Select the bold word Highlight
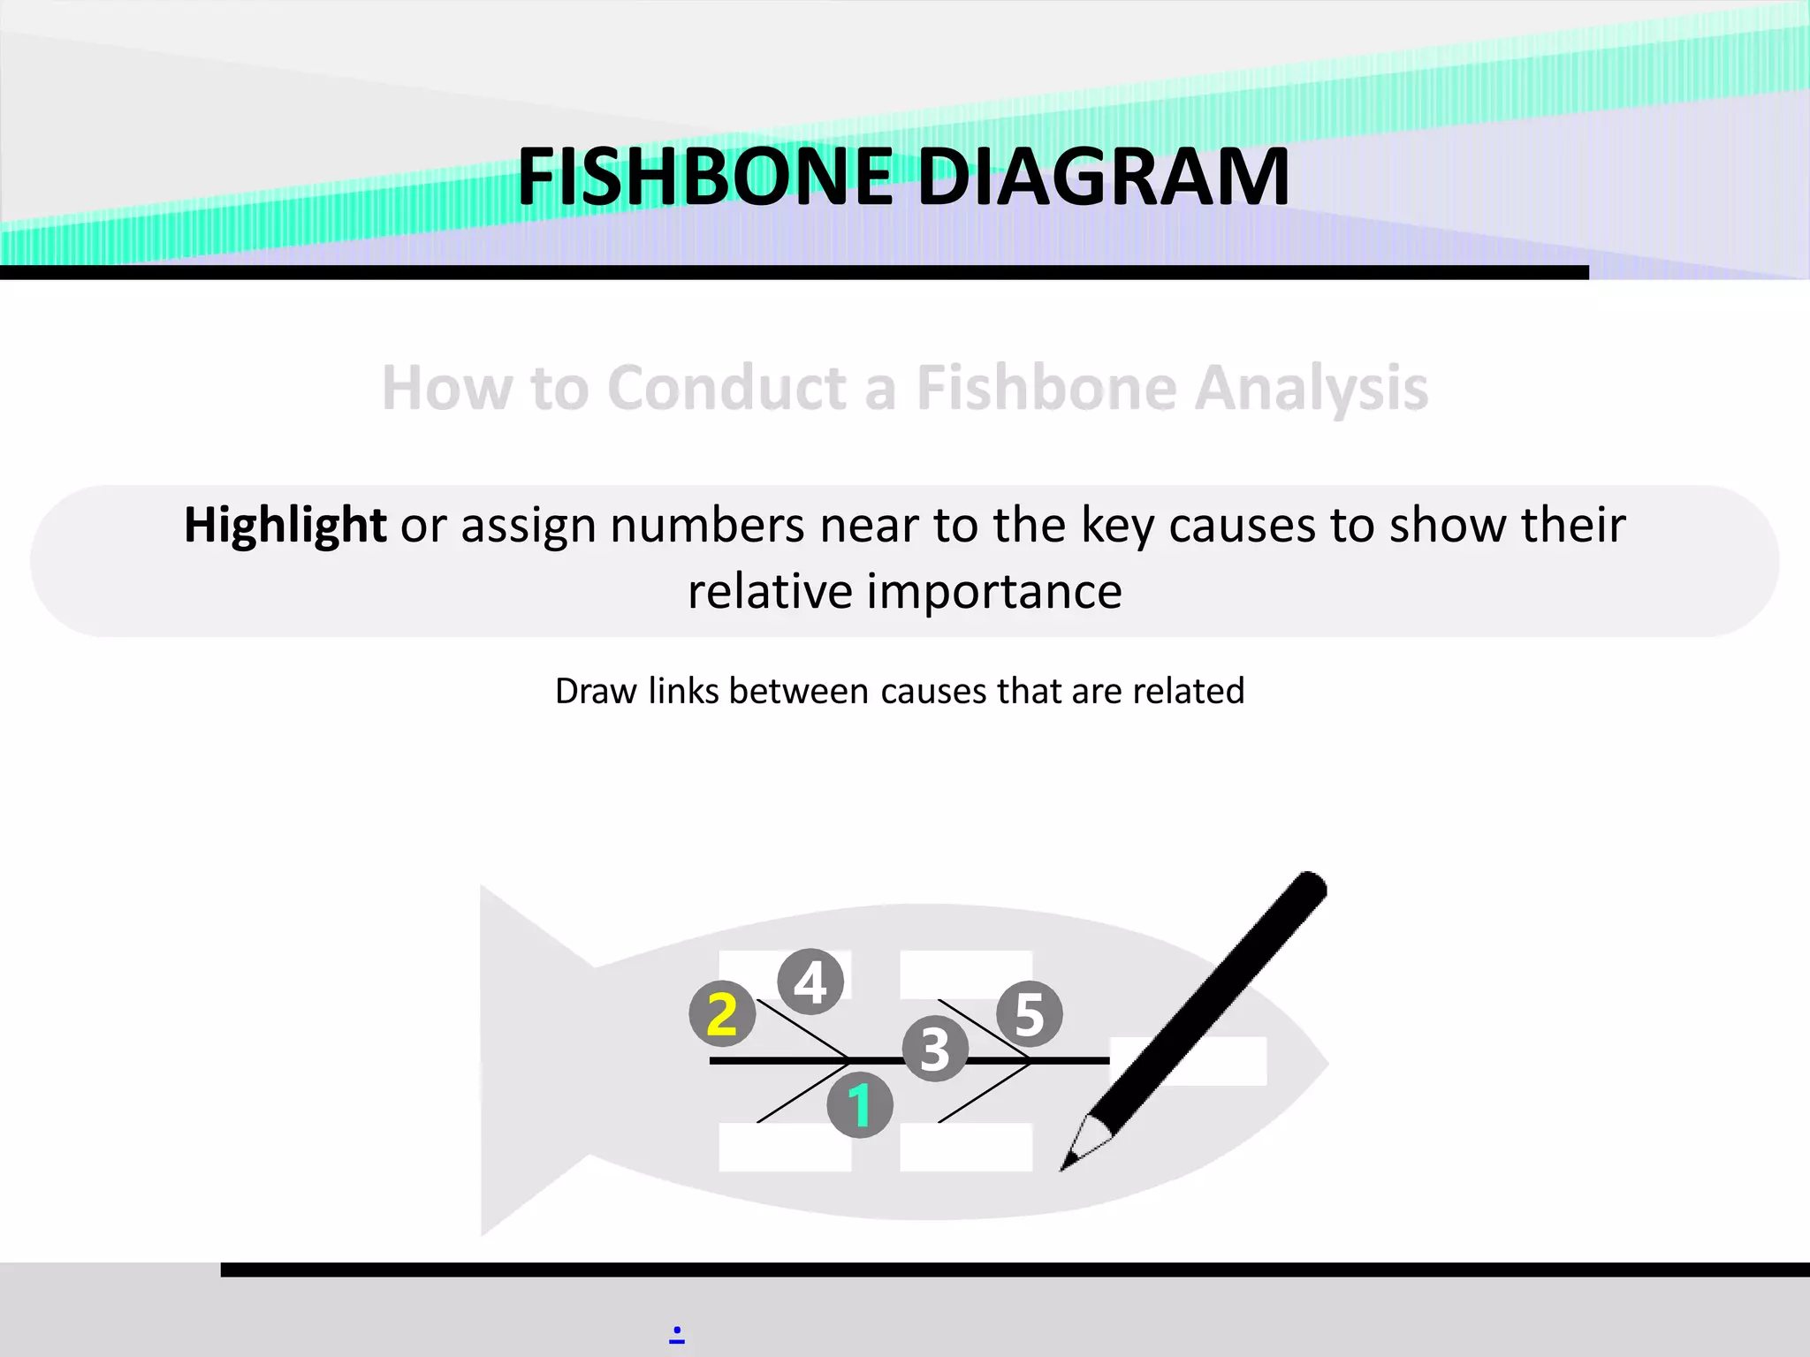[x=285, y=525]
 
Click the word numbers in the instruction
[x=707, y=525]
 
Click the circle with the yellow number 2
[x=722, y=1013]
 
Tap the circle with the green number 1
[x=859, y=1104]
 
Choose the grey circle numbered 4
[x=810, y=982]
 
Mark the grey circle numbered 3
[x=935, y=1050]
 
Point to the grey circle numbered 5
[x=1030, y=1014]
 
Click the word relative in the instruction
[x=769, y=591]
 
